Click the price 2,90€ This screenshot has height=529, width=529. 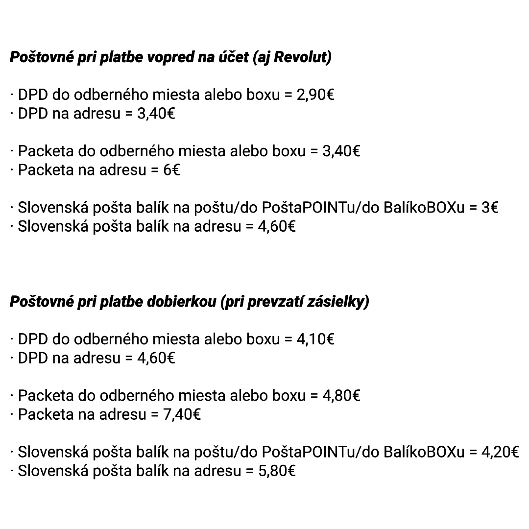pyautogui.click(x=315, y=95)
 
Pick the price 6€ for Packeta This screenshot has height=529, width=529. pyautogui.click(x=172, y=170)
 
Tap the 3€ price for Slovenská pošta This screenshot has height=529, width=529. pyautogui.click(x=490, y=208)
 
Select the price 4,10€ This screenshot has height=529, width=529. pyautogui.click(x=315, y=339)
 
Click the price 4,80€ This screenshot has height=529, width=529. pyautogui.click(x=341, y=396)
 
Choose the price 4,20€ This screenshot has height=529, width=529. pyautogui.click(x=500, y=452)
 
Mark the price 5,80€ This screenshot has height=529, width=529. pyautogui.click(x=277, y=471)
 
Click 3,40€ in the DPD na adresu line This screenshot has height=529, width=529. pyautogui.click(x=156, y=114)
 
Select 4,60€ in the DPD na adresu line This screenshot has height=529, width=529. pyautogui.click(x=156, y=358)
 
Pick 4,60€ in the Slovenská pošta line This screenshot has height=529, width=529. pyautogui.click(x=277, y=227)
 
